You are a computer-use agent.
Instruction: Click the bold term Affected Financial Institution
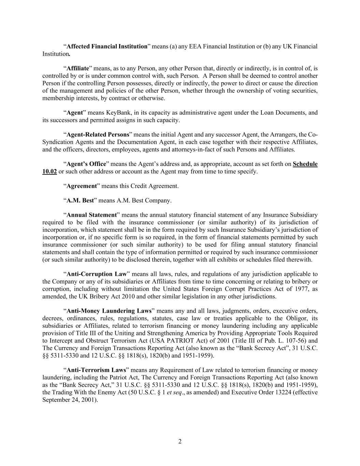point(107,46)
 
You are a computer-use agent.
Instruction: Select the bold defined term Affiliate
point(77,68)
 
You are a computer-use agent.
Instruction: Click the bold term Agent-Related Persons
point(98,135)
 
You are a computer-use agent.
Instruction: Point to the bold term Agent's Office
point(86,164)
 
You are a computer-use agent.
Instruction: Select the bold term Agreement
point(82,186)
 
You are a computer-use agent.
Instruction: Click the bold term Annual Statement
point(91,215)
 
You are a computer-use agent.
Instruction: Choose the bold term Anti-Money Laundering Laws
point(109,311)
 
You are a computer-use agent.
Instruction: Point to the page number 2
point(180,441)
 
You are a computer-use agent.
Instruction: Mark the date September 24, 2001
point(70,400)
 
